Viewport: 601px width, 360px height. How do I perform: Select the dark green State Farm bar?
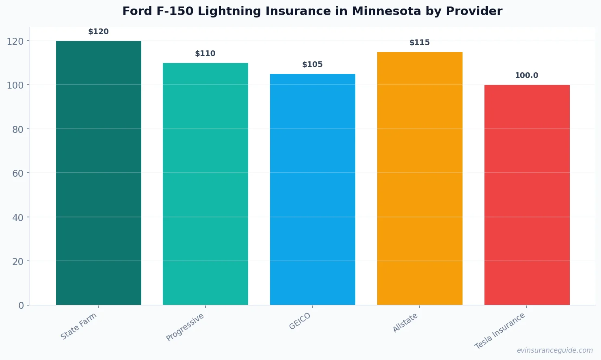pos(99,173)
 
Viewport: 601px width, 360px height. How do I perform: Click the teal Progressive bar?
pos(205,184)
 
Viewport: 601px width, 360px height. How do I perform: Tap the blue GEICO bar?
pos(313,189)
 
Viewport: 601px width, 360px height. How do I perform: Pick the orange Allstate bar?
pos(419,178)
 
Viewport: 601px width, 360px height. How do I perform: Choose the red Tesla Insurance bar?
pos(527,195)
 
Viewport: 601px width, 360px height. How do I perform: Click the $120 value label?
pos(99,32)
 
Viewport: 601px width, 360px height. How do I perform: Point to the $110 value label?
pos(205,54)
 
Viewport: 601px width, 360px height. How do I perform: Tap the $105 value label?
pos(313,65)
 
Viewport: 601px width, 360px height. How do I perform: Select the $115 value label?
pos(419,43)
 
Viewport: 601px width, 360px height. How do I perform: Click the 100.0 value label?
pos(527,76)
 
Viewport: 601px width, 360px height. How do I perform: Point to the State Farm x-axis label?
pos(79,326)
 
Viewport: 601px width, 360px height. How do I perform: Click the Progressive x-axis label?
pos(185,327)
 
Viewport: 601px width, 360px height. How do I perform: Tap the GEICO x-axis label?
pos(300,321)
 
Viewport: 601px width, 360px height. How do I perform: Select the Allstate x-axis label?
pos(405,323)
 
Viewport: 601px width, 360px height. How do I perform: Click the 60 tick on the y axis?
pos(18,173)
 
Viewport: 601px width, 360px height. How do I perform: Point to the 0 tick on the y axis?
pos(21,306)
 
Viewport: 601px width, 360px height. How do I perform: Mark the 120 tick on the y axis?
pos(15,41)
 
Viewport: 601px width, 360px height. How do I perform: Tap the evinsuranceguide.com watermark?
pos(555,350)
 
